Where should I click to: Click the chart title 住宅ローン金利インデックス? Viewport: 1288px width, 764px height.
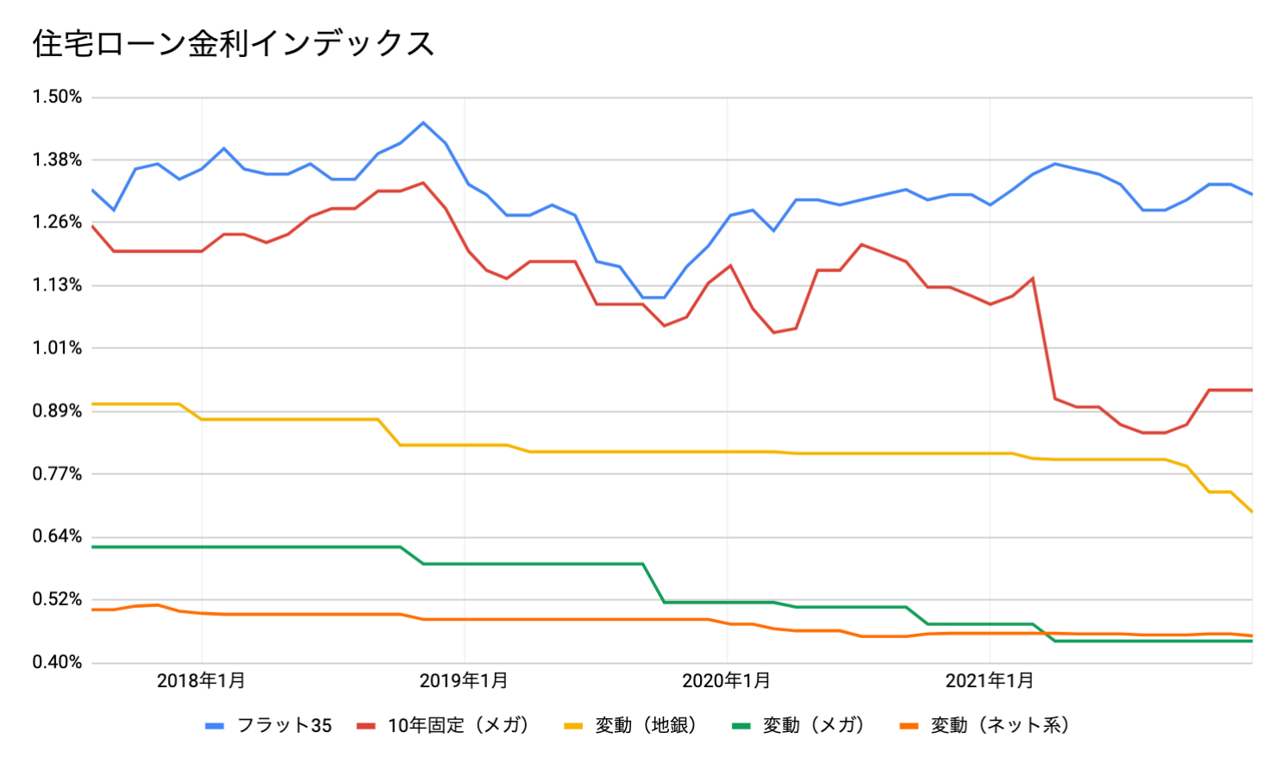pos(233,43)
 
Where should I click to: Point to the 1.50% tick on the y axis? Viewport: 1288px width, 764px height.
pos(57,97)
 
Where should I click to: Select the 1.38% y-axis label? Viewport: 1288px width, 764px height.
pos(57,160)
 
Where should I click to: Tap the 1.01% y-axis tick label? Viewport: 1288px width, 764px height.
pos(57,348)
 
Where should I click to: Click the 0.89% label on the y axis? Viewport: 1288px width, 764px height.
pos(57,411)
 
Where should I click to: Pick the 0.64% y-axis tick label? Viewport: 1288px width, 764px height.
pos(57,536)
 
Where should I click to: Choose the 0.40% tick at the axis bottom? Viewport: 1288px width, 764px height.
pos(57,662)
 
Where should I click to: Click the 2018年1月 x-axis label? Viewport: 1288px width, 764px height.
pos(201,681)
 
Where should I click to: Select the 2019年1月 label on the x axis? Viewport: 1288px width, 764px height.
pos(464,681)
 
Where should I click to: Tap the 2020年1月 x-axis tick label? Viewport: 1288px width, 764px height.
pos(727,681)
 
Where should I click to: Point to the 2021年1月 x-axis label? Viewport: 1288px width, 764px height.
pos(990,681)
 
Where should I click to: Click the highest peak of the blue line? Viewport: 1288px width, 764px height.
pos(422,122)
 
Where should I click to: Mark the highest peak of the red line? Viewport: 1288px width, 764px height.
pos(422,183)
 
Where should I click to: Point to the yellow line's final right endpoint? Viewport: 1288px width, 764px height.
pos(1252,512)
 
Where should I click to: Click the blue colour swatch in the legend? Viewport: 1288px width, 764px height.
pos(215,726)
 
